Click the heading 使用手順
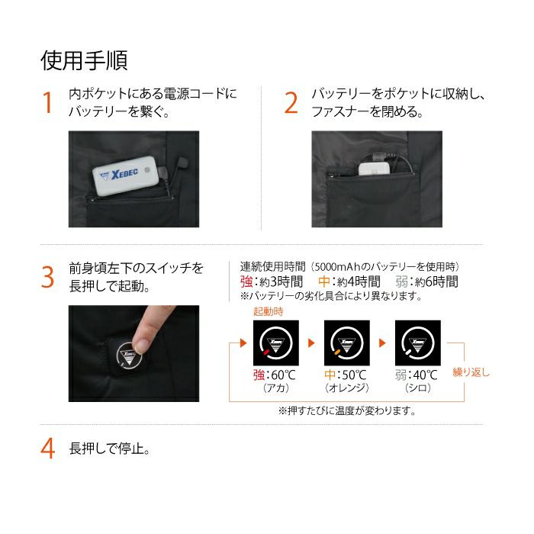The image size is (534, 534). tap(84, 60)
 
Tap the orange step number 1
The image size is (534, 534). tap(47, 102)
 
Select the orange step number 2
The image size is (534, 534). tap(291, 102)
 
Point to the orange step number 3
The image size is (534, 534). tap(47, 277)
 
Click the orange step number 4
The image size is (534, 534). tap(47, 449)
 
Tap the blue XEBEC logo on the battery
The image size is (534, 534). tap(119, 175)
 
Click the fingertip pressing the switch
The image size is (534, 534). tap(140, 345)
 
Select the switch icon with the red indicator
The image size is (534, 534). tap(276, 343)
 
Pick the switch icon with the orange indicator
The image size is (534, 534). tap(346, 343)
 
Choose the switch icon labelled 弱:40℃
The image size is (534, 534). tap(417, 343)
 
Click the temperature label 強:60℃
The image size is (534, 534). tap(275, 375)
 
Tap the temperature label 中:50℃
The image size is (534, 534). tap(346, 375)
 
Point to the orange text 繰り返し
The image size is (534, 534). tap(471, 372)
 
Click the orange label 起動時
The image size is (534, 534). tap(269, 311)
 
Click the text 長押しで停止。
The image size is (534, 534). tap(110, 449)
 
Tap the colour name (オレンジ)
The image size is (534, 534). tap(346, 388)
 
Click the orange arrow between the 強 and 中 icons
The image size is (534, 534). tap(311, 343)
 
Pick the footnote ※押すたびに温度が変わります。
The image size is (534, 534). tap(346, 410)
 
